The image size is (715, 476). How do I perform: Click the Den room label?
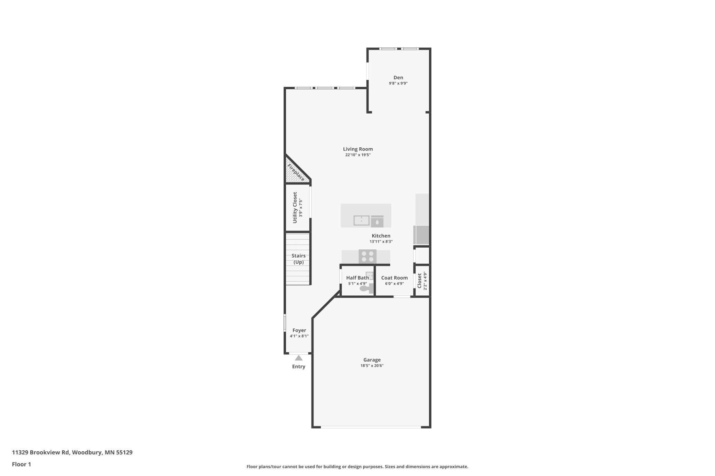[398, 78]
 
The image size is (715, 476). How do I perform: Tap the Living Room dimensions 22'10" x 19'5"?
[358, 155]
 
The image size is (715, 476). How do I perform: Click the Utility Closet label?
[295, 207]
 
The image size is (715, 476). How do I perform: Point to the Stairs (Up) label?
[298, 259]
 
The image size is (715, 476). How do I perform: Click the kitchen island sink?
[361, 220]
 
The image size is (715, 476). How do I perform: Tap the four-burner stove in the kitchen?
[367, 257]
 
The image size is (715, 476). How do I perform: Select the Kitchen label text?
[381, 236]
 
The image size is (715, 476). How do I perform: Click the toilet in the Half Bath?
[365, 288]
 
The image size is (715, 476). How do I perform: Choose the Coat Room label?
[394, 278]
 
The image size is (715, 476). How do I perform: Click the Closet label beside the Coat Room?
[419, 281]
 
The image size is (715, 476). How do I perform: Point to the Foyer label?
[299, 330]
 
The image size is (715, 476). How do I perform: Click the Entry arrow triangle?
[299, 358]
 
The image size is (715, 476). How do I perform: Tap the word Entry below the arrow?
[299, 366]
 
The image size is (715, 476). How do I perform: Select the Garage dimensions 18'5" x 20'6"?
[372, 366]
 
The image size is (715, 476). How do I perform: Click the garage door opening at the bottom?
[371, 427]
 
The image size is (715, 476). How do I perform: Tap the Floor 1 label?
[21, 464]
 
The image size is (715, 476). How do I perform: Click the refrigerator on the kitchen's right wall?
[421, 235]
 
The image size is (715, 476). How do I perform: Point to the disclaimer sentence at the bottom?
[357, 467]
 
